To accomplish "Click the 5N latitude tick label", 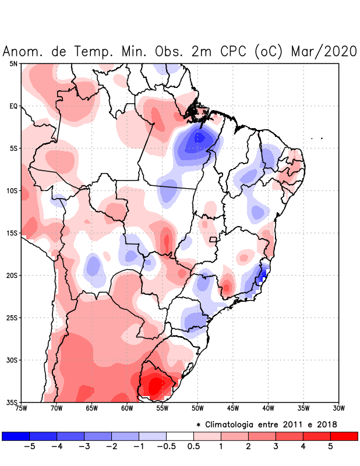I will pos(13,63).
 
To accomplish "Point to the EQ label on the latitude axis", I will pos(13,106).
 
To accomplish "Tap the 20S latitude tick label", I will pos(12,276).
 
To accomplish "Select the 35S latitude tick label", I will pos(12,403).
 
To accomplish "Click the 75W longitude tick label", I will pos(21,408).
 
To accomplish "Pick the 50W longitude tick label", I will pos(197,408).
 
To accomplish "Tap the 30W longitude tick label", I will pos(338,408).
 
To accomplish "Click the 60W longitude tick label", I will pos(127,408).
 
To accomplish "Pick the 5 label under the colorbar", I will pos(330,447).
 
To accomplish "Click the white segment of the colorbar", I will pos(180,436).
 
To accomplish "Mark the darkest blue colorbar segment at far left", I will pos(16,436).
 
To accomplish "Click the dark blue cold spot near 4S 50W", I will pos(199,138).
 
